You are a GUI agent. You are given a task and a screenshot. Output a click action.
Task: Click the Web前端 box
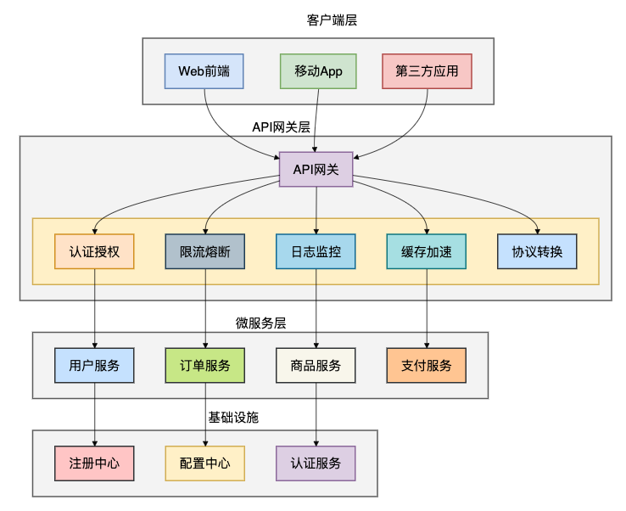pos(204,71)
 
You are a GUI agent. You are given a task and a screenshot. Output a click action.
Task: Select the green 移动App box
pos(318,71)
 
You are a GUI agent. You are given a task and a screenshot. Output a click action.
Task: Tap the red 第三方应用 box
pos(427,71)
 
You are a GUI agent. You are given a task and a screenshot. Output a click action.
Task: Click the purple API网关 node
pos(316,170)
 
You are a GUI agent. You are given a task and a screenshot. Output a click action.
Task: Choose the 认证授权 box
pos(94,251)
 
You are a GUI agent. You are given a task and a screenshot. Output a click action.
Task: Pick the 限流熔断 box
pos(205,251)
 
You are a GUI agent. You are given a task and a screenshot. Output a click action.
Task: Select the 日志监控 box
pos(316,251)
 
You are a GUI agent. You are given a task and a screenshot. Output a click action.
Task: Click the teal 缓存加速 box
pos(426,251)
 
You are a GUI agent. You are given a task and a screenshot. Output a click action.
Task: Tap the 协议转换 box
pos(537,251)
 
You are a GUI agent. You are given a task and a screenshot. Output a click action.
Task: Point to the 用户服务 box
pos(94,365)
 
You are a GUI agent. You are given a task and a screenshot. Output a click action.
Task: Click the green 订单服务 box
pos(205,365)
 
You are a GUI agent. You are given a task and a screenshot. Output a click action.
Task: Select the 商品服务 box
pos(316,365)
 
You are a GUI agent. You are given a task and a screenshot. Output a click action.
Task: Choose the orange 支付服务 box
pos(426,365)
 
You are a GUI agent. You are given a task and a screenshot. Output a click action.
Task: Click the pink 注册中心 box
pos(94,463)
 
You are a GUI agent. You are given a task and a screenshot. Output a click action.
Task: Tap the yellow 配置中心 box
pos(205,463)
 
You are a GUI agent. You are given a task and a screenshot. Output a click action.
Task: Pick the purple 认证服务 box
pos(316,463)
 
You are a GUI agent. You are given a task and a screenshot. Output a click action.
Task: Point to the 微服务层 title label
pos(260,323)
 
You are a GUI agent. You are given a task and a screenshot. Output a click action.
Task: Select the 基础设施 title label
pos(233,418)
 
